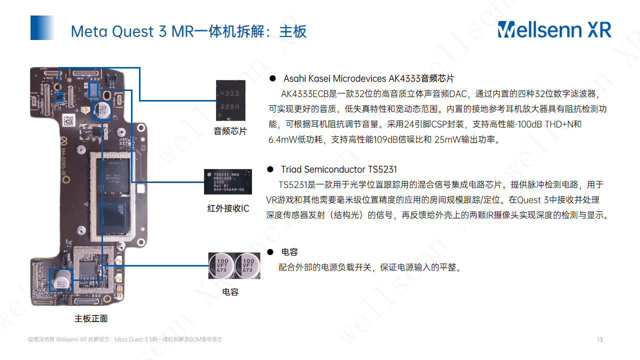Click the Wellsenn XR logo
554,29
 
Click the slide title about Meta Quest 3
188,31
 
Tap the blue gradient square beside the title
42,27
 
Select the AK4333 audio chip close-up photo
230,100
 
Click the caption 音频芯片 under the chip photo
230,131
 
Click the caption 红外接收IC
228,208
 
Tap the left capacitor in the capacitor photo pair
221,265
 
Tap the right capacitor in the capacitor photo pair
247,265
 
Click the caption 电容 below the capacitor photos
230,292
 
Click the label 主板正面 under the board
91,318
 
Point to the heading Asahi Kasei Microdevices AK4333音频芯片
368,78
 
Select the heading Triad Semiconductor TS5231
338,169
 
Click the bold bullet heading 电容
289,252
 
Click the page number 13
600,340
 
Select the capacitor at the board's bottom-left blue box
61,279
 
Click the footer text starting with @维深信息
125,340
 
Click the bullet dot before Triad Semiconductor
270,169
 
